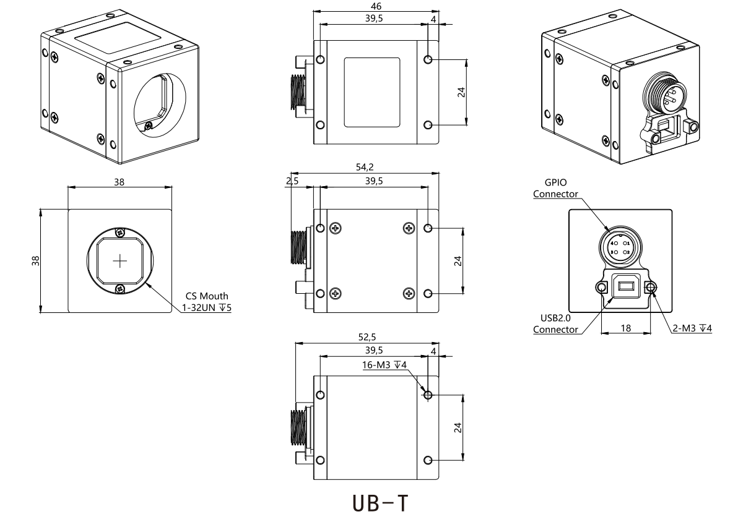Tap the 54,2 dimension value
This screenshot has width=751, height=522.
click(x=365, y=166)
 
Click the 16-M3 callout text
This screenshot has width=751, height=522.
click(x=384, y=365)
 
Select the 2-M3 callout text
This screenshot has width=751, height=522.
click(x=692, y=328)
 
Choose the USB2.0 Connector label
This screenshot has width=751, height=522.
click(x=555, y=323)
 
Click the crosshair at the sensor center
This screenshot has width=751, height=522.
click(x=119, y=261)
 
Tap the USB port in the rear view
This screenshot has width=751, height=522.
click(x=625, y=286)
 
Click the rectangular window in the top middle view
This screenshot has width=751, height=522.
click(x=372, y=92)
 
